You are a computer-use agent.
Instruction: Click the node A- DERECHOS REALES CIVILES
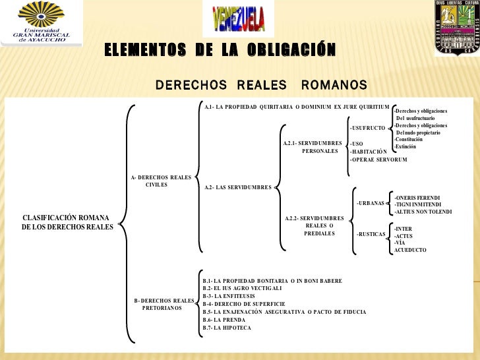pos(162,181)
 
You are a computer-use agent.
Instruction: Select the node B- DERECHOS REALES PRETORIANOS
pos(164,304)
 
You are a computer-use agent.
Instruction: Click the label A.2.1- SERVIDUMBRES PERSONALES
pos(313,147)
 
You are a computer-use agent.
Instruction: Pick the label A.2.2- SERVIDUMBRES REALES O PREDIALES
pos(315,225)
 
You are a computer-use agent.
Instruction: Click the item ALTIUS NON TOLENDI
pos(423,212)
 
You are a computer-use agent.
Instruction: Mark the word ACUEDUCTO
pos(410,250)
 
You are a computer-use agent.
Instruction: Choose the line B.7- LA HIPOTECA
pos(227,328)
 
